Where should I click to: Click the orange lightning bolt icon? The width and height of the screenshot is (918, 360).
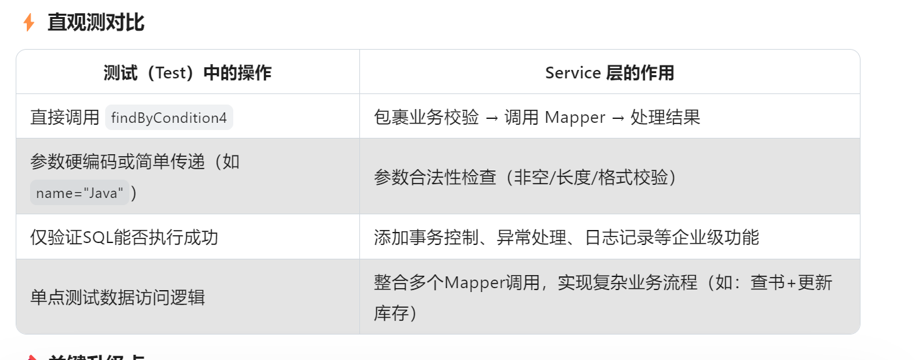(28, 23)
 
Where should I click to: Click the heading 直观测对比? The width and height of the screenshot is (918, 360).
(96, 23)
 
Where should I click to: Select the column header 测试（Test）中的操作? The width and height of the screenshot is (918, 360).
(188, 73)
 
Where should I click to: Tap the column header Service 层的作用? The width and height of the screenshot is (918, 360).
(609, 73)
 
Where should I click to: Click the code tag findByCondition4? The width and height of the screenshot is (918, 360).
(169, 118)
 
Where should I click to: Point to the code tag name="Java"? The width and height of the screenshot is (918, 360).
(80, 193)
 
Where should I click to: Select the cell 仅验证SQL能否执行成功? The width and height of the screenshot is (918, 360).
(124, 237)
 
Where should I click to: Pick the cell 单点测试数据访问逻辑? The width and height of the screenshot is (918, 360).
(118, 297)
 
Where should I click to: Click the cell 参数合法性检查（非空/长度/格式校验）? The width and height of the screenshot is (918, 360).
(525, 177)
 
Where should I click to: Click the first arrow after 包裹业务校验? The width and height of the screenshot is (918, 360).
(491, 118)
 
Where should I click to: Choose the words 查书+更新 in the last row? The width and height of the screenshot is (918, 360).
(791, 283)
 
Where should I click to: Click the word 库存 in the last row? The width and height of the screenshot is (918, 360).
(391, 313)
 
